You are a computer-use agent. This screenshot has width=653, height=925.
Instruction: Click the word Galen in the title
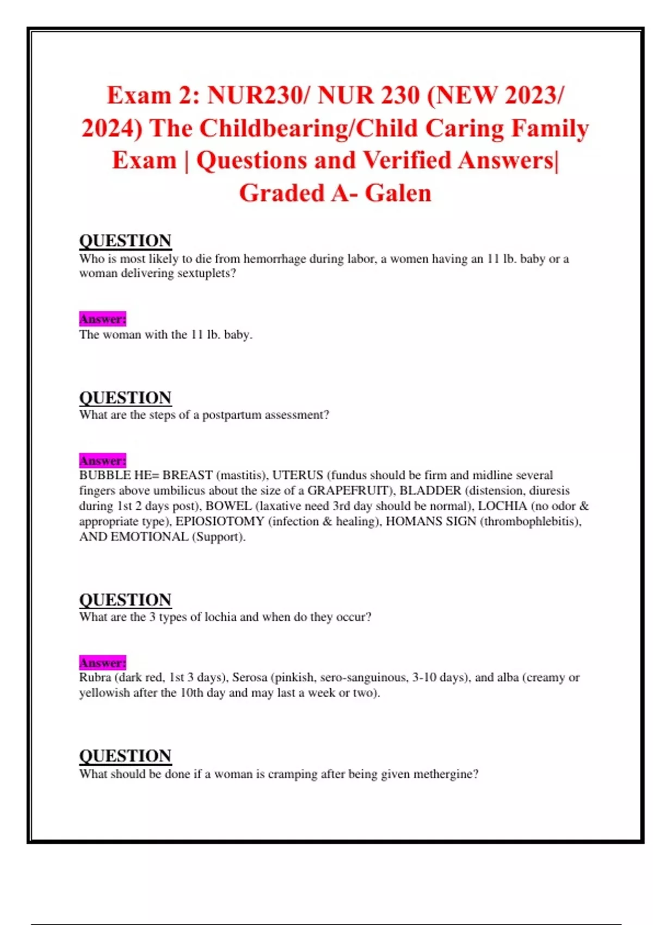398,193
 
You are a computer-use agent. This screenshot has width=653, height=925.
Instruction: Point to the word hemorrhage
274,258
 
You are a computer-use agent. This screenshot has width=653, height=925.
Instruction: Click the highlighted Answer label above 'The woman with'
102,319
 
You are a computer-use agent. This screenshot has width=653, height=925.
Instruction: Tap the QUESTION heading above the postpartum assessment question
125,398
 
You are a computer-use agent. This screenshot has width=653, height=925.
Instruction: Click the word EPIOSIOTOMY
219,521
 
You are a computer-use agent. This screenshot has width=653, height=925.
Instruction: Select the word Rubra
95,677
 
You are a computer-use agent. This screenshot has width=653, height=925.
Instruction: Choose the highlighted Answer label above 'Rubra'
102,663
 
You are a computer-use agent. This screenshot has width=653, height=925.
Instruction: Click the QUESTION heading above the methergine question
125,756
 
